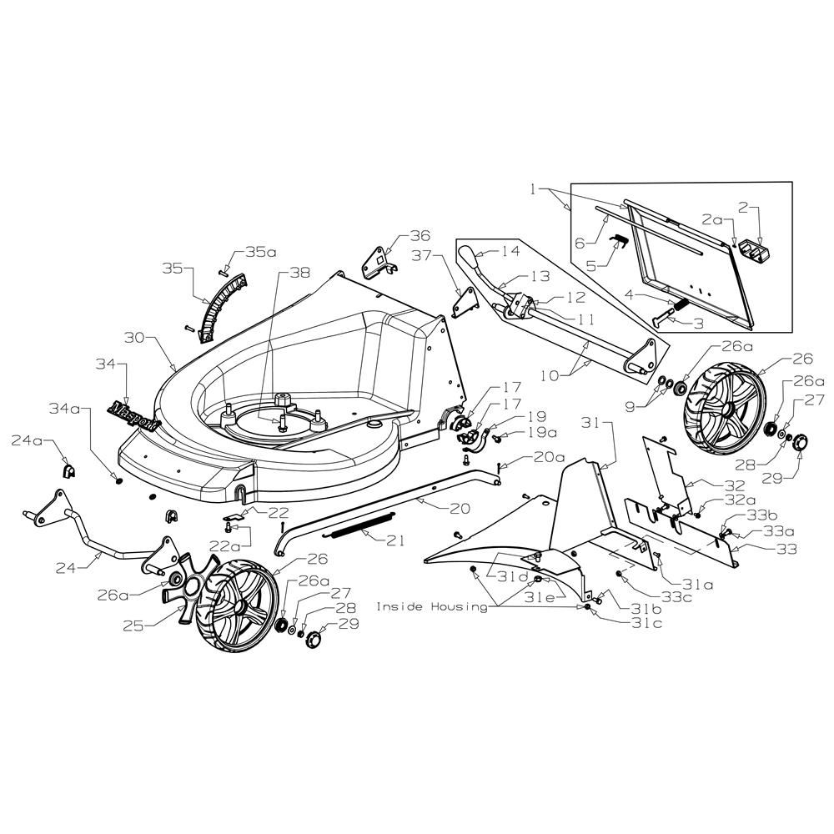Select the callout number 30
click(x=134, y=338)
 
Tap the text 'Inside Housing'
click(x=431, y=607)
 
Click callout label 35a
click(x=261, y=252)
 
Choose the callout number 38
click(x=299, y=273)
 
